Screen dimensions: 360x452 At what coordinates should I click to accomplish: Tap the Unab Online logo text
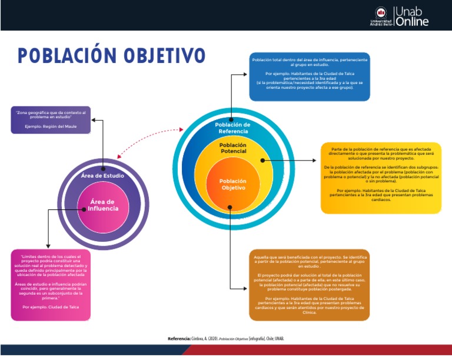412,16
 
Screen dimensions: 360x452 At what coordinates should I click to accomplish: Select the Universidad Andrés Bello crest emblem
381,12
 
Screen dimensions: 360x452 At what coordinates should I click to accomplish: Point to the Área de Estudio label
102,176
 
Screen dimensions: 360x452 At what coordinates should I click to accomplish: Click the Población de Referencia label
232,128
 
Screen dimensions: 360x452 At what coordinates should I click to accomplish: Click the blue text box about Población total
310,76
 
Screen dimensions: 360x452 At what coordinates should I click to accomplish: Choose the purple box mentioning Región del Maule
51,119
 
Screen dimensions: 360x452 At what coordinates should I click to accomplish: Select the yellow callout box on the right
380,177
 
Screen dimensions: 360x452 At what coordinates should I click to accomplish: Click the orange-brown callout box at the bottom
310,284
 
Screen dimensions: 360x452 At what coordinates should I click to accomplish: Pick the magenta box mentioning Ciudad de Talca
51,285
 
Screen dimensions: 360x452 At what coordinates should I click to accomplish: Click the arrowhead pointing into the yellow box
318,159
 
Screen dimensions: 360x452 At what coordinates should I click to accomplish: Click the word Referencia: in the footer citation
179,339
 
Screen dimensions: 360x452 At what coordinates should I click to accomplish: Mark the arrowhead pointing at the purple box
94,121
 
